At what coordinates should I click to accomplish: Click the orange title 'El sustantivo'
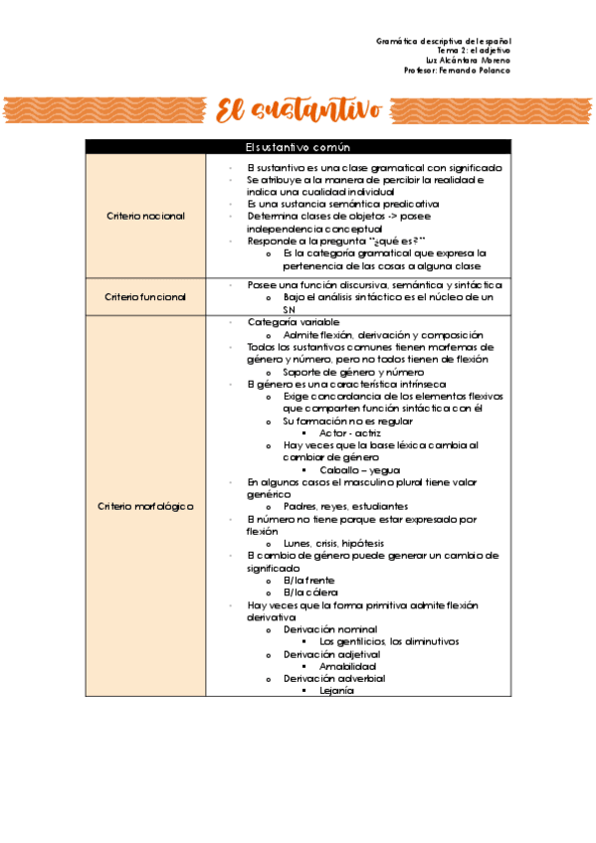tap(298, 110)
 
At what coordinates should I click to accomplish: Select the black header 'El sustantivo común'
tap(298, 147)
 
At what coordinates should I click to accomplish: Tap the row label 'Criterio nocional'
tap(145, 216)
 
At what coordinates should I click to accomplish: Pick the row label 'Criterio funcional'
tap(145, 297)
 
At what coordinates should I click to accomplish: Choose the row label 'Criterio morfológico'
tap(145, 506)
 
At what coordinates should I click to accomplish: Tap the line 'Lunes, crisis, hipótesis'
tap(333, 543)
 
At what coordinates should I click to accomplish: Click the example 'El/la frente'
tap(308, 580)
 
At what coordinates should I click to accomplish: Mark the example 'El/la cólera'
tap(309, 591)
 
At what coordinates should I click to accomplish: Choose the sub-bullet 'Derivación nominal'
tap(329, 628)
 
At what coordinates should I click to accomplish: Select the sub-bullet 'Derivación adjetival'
tap(330, 654)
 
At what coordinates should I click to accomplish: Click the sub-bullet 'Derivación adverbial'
tap(333, 678)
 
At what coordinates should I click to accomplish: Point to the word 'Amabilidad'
tap(348, 666)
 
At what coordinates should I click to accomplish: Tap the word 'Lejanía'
tap(336, 690)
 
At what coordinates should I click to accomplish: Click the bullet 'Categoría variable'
tap(293, 323)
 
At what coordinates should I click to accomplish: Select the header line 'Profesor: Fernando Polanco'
tap(458, 71)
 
